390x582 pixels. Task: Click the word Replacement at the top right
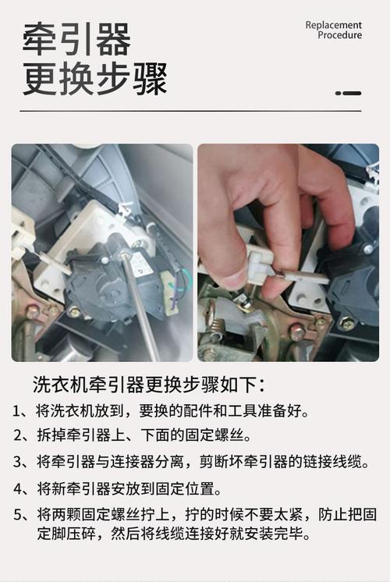click(x=333, y=25)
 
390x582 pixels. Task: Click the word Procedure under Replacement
click(x=339, y=35)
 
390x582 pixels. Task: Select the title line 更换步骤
click(x=94, y=79)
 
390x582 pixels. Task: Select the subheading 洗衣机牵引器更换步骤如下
click(x=148, y=385)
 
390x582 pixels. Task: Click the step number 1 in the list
click(x=18, y=410)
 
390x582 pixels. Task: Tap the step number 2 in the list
click(x=18, y=435)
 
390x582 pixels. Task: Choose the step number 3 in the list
click(x=18, y=462)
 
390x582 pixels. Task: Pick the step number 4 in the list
click(x=18, y=490)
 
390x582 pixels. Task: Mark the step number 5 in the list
click(x=18, y=516)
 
